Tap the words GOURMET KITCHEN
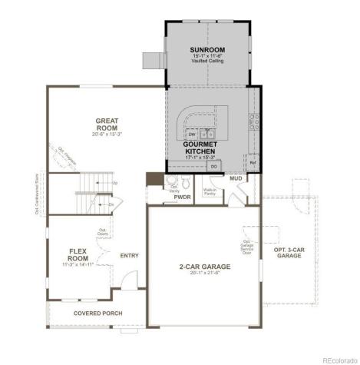click(x=201, y=148)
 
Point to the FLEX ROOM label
click(x=78, y=254)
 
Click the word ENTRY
click(x=130, y=256)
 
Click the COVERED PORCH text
click(x=97, y=314)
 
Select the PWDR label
click(x=183, y=197)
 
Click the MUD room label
click(x=236, y=178)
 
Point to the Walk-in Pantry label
click(x=210, y=191)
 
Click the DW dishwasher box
click(x=192, y=134)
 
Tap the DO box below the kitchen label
click(x=214, y=165)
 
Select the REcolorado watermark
click(x=338, y=359)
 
